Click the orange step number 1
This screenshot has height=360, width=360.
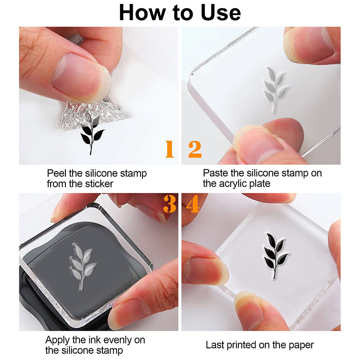(170, 149)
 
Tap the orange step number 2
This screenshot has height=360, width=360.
(195, 149)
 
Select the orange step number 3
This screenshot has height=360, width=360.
(170, 204)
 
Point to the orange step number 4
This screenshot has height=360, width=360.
(193, 204)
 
